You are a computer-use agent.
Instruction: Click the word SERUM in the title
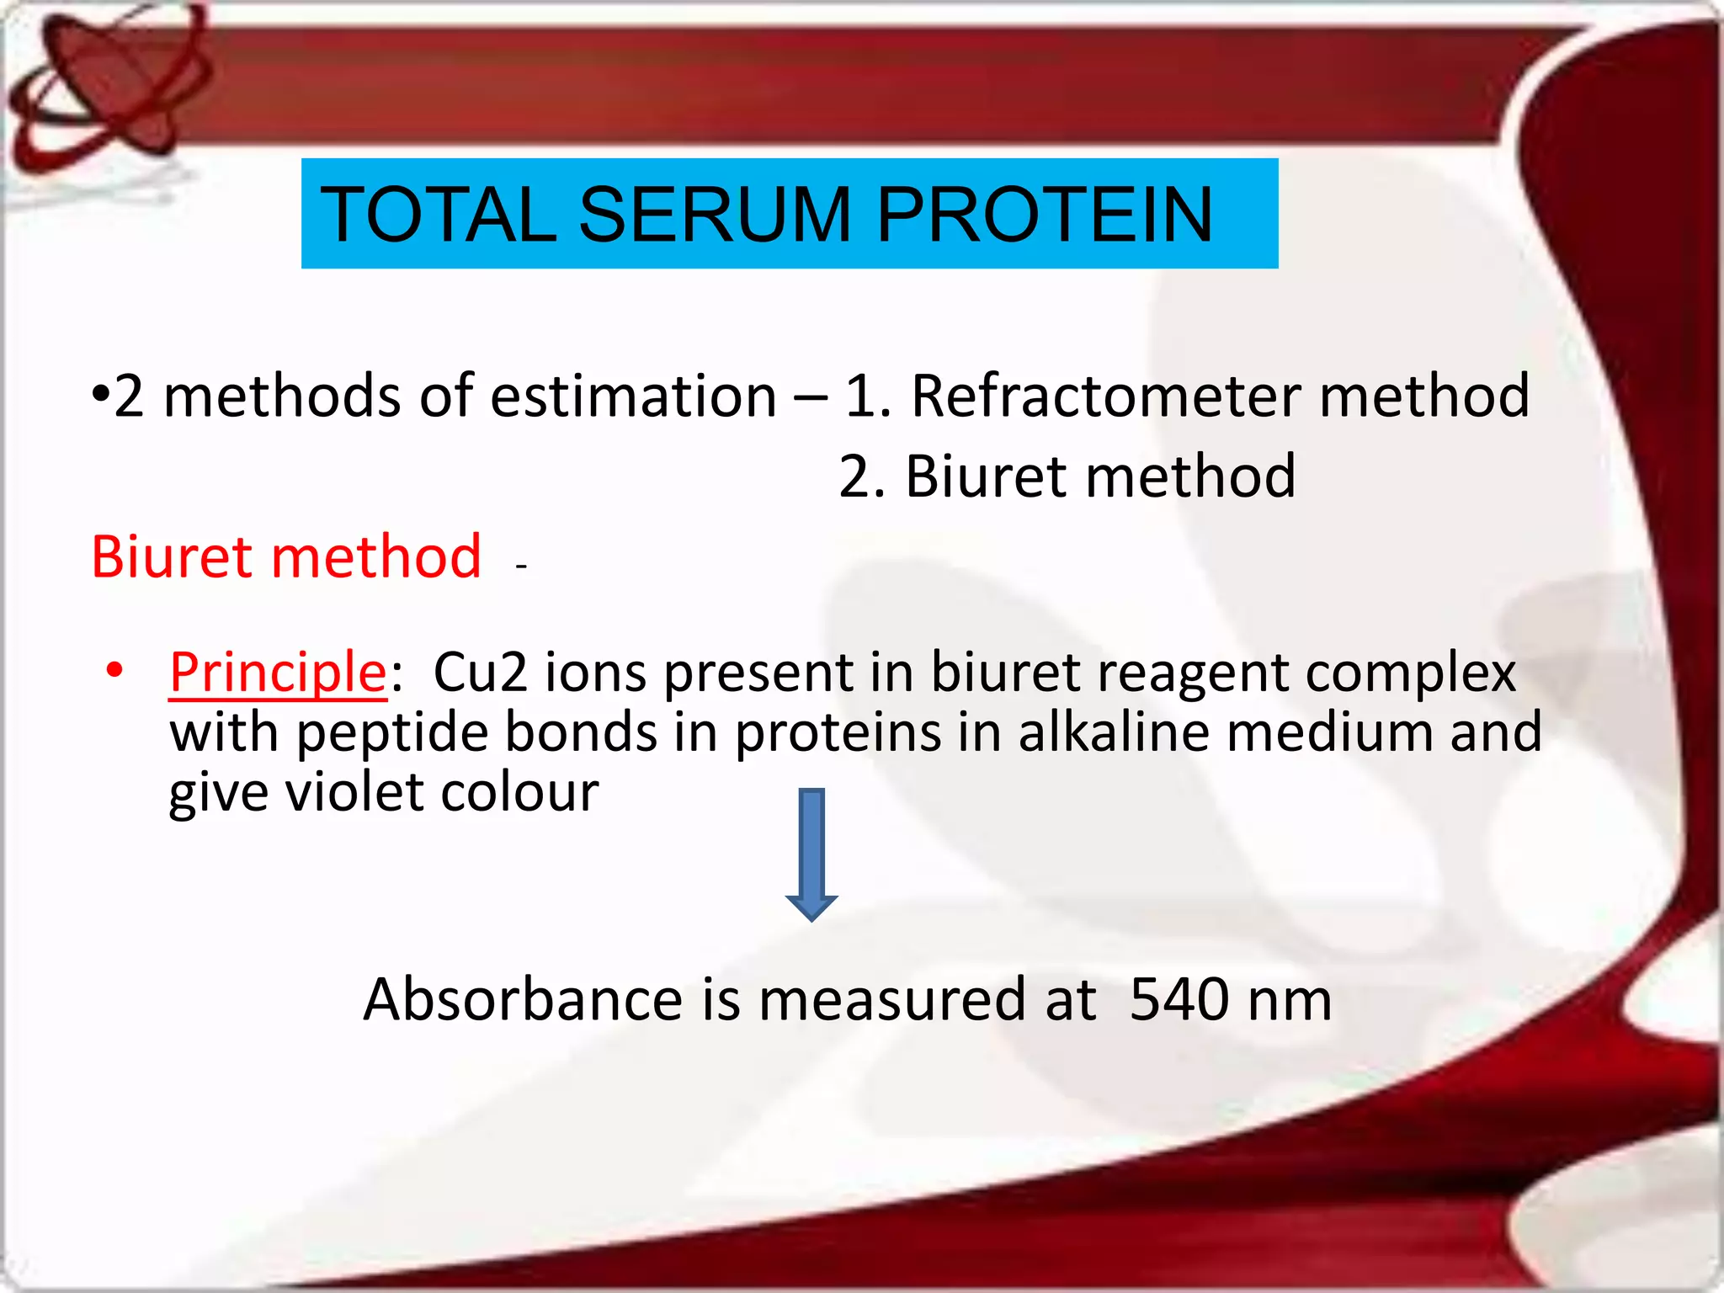(716, 215)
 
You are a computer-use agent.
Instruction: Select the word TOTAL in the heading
(438, 215)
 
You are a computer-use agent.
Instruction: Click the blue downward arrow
(811, 854)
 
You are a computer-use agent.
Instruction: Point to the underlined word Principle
(278, 673)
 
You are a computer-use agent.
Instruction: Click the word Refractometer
(1107, 396)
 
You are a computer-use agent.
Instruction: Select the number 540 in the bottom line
(1179, 1000)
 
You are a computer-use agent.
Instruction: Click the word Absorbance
(523, 1000)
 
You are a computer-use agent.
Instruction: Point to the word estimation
(633, 396)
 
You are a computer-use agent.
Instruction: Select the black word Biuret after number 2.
(986, 477)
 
